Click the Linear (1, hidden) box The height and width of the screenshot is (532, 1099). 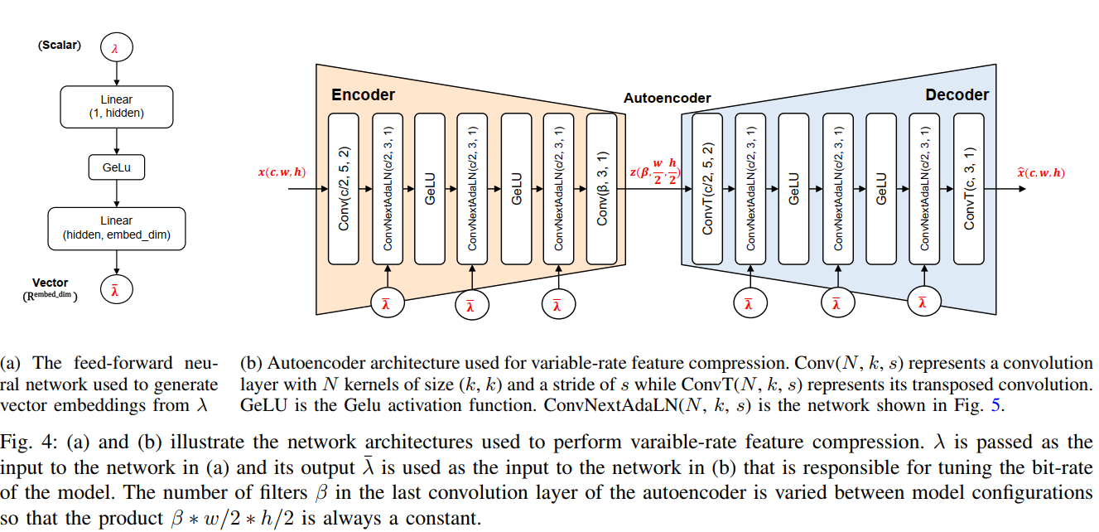click(x=117, y=107)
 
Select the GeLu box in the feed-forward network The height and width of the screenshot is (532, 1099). click(x=117, y=167)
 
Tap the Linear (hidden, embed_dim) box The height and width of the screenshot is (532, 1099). click(x=117, y=228)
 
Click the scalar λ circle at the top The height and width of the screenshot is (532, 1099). click(x=115, y=49)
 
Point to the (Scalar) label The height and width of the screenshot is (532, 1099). click(x=60, y=46)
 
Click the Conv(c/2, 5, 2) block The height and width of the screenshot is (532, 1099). click(x=344, y=189)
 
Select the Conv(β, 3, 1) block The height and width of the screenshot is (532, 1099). click(x=602, y=189)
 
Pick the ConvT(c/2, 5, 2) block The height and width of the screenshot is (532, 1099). click(x=707, y=189)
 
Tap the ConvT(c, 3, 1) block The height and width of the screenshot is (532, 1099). click(x=969, y=189)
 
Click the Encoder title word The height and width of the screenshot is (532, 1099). click(x=363, y=95)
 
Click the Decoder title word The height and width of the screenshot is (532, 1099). click(x=957, y=95)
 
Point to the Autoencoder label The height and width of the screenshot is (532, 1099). click(x=667, y=99)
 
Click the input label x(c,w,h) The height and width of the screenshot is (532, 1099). click(x=282, y=172)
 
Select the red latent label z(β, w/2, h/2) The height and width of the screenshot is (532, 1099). click(x=654, y=173)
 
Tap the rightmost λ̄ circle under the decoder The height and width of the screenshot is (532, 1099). click(x=923, y=302)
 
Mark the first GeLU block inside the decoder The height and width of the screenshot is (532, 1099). click(x=793, y=189)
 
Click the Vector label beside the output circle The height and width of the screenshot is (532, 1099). click(x=51, y=283)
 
